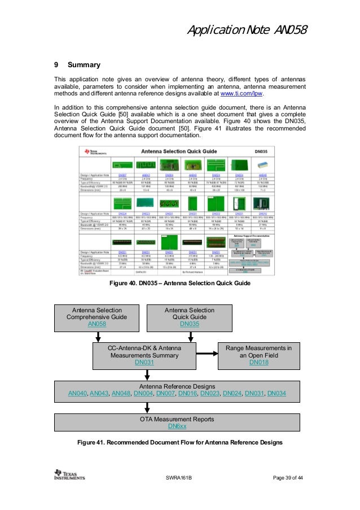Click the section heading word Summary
pos(84,66)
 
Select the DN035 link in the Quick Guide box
pos(189,324)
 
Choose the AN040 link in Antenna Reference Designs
pos(77,393)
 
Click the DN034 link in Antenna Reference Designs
pos(276,393)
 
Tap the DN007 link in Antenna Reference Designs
pos(165,393)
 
